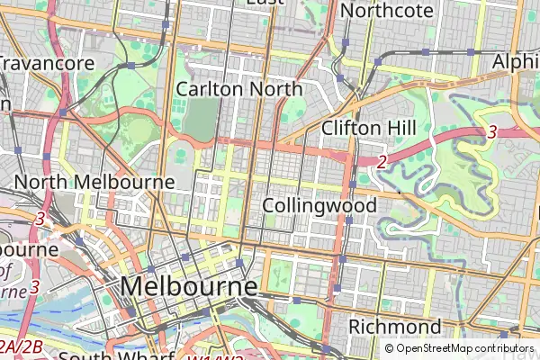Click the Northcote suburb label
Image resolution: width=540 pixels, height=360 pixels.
click(x=388, y=11)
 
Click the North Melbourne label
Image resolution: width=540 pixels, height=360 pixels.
click(x=94, y=182)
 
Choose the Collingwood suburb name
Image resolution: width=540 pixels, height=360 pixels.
click(x=319, y=205)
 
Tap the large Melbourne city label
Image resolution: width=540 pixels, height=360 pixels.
click(x=188, y=286)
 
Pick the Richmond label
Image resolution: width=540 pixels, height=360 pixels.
click(x=395, y=326)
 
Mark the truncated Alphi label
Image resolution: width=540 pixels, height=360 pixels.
click(x=516, y=62)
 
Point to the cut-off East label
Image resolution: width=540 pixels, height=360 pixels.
click(x=265, y=3)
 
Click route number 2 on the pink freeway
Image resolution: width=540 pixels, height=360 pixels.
click(x=382, y=162)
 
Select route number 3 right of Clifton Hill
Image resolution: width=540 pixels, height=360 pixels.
click(x=491, y=132)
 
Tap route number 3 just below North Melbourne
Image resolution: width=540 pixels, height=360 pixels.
click(x=40, y=219)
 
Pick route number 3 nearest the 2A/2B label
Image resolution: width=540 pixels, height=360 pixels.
click(x=34, y=287)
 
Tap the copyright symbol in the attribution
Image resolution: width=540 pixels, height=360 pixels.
click(x=390, y=348)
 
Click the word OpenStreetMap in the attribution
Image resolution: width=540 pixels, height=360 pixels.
click(x=433, y=348)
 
